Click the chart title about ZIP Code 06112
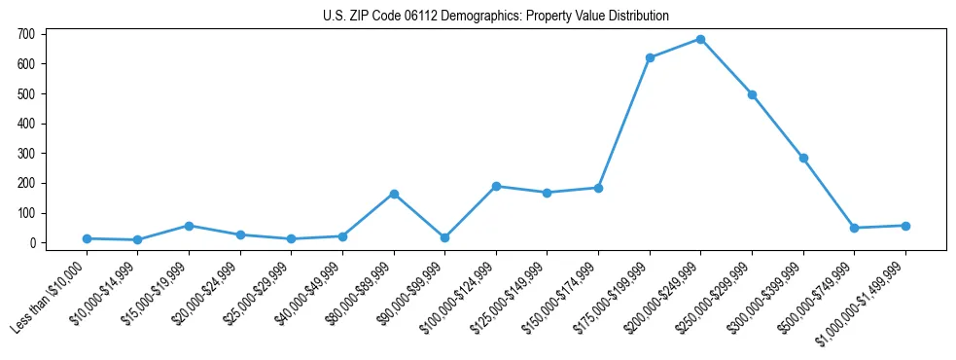coord(496,16)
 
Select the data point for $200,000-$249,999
coord(700,40)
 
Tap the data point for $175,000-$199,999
coord(650,57)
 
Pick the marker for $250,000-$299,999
coord(752,94)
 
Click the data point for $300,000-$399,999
coord(803,158)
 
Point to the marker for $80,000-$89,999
coord(394,194)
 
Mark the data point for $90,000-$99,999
coord(444,237)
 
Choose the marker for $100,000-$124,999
coord(496,186)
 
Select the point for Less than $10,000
coord(87,238)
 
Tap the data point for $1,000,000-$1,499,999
coord(905,226)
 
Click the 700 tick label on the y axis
coord(26,34)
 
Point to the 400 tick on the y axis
coord(26,124)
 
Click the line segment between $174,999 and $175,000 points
coord(624,123)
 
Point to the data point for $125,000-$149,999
coord(547,193)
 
